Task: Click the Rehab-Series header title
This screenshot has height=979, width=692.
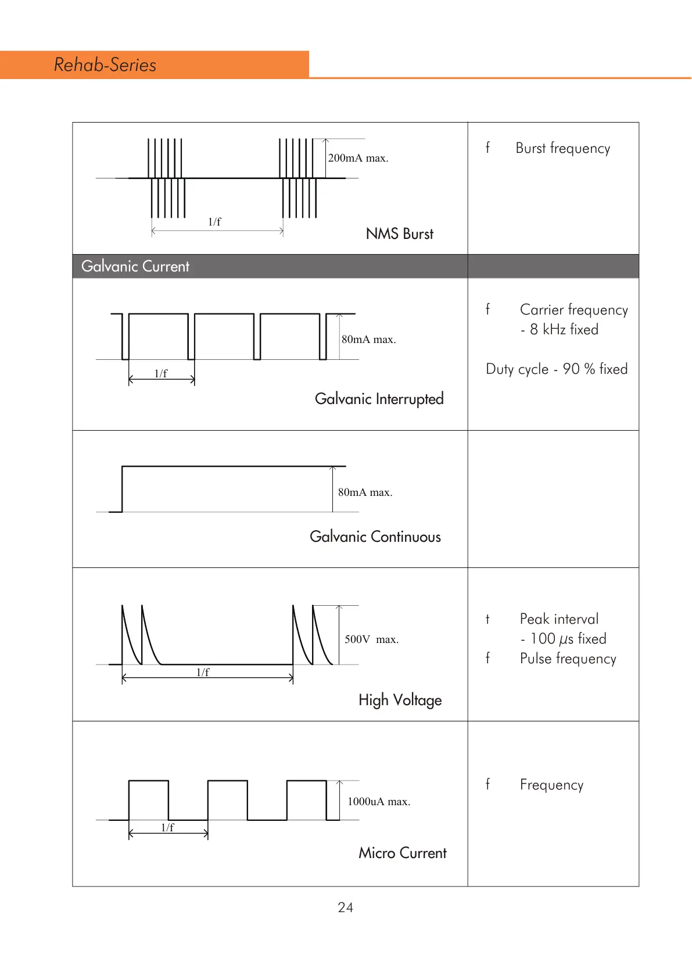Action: point(105,65)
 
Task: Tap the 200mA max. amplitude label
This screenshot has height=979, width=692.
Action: point(358,158)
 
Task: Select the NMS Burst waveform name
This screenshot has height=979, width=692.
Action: point(399,234)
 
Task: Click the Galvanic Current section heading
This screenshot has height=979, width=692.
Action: point(135,266)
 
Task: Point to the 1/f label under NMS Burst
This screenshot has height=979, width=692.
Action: point(214,221)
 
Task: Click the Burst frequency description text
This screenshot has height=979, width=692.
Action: point(562,148)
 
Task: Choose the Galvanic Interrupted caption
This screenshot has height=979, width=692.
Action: point(379,399)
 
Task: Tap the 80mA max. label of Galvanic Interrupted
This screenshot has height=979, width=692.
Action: point(368,340)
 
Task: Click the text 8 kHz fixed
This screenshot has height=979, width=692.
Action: point(564,330)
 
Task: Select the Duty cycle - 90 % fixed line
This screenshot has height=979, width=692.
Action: point(557,369)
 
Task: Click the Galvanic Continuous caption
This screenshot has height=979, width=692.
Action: point(375,537)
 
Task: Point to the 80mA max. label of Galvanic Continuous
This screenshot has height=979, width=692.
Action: point(365,492)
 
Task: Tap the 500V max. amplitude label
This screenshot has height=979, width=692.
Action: point(371,639)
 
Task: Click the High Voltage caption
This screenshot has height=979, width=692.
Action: point(400,700)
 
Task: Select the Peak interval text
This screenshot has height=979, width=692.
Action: point(559,619)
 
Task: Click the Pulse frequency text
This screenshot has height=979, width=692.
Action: point(568,659)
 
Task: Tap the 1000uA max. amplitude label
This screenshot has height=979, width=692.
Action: point(378,802)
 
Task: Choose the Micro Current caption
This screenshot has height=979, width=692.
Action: point(402,853)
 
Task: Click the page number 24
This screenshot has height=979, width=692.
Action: point(345,907)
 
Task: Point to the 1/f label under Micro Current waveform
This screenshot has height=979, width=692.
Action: point(167,827)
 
